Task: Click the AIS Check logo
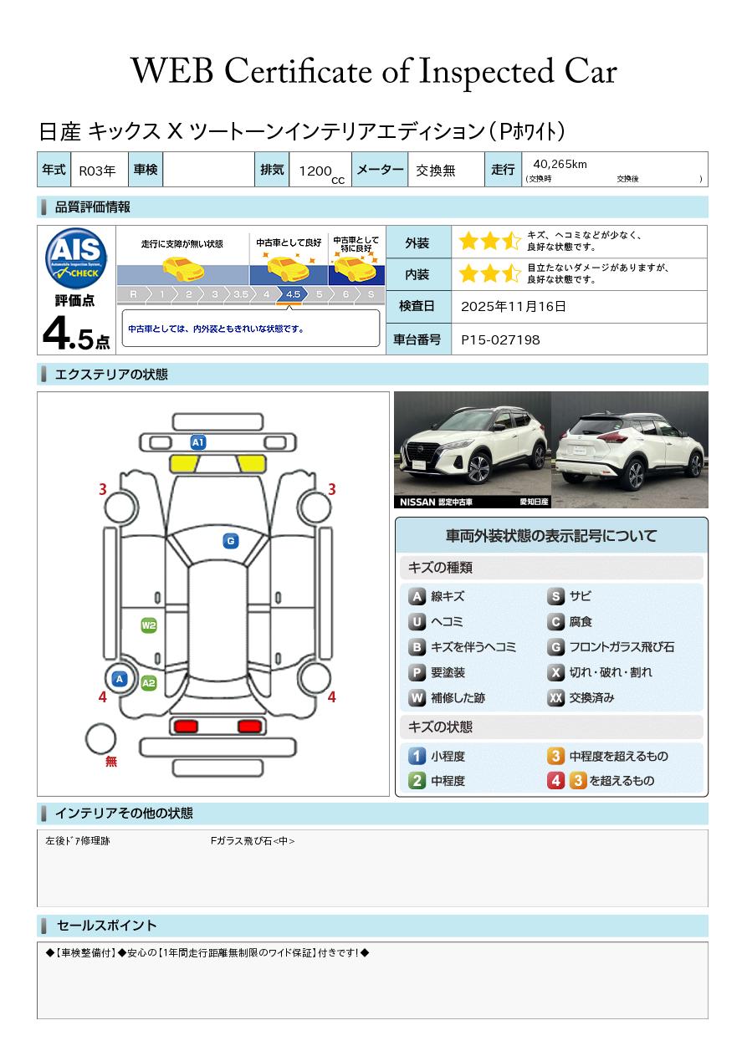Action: [76, 258]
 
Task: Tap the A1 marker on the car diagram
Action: [198, 442]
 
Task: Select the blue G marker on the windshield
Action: [231, 541]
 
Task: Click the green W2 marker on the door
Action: [149, 625]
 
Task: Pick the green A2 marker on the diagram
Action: [149, 683]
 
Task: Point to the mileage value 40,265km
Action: [560, 164]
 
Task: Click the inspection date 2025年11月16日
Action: [513, 306]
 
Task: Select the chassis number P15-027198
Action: [500, 340]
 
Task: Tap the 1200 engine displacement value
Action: [315, 171]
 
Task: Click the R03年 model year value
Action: [97, 171]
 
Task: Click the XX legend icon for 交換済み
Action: [555, 697]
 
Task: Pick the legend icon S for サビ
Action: [555, 596]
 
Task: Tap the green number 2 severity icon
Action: [417, 781]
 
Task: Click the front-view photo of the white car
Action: [473, 450]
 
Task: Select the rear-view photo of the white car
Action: [630, 450]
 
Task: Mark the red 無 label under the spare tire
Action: [110, 761]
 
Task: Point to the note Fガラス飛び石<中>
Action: [253, 840]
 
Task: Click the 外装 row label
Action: [417, 242]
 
